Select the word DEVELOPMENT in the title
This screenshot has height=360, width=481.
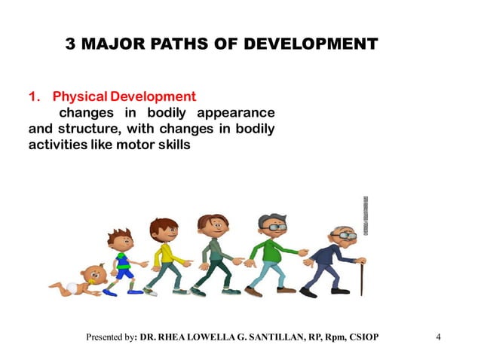(317, 44)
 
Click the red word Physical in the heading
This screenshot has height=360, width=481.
(79, 96)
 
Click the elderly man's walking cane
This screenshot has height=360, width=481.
(361, 276)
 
